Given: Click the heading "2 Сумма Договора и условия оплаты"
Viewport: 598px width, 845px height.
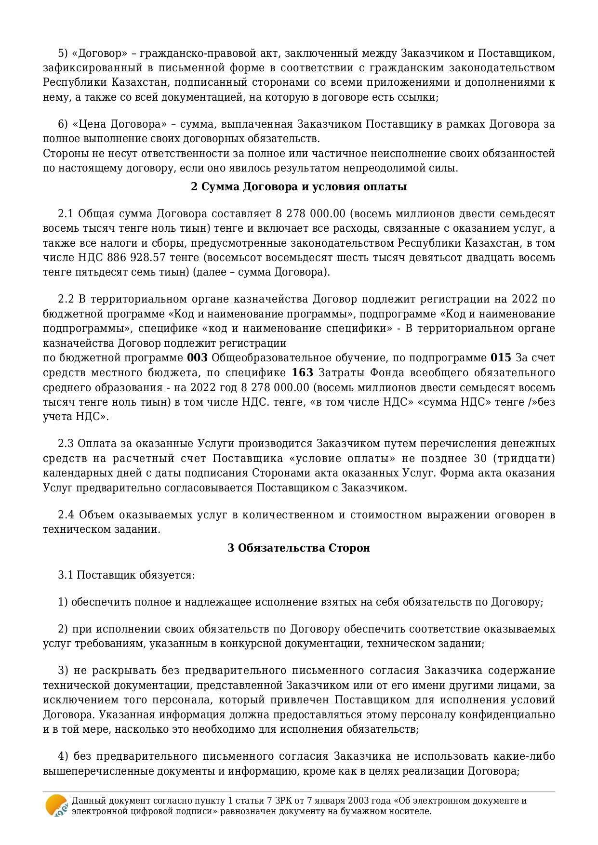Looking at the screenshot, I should point(299,187).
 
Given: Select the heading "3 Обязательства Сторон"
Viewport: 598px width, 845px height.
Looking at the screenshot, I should point(299,548).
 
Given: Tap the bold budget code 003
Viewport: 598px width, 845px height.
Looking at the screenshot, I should point(197,358).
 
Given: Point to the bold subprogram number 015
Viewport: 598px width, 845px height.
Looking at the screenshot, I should point(501,358).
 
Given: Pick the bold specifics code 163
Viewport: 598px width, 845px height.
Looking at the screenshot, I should point(303,373).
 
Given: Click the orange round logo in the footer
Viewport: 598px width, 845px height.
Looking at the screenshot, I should point(56,805).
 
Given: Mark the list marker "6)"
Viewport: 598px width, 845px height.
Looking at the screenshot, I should point(63,124).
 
